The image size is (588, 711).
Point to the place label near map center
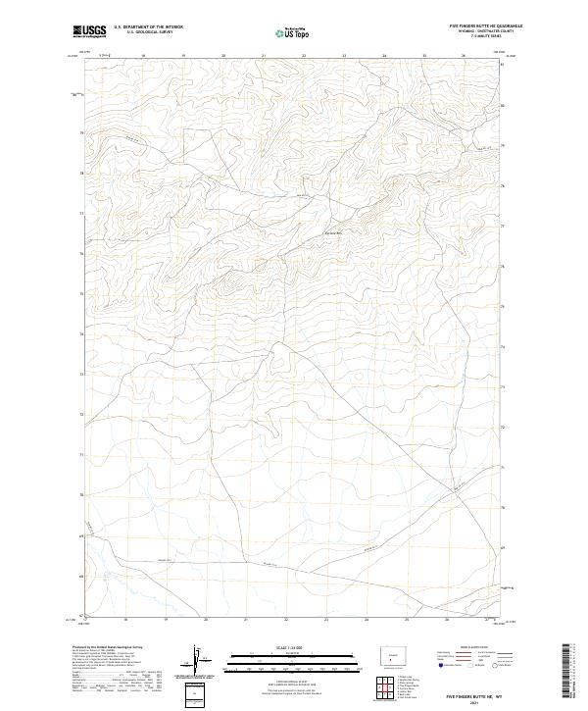pyautogui.click(x=335, y=232)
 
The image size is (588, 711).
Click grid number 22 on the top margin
pyautogui.click(x=304, y=56)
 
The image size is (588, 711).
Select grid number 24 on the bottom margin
pyautogui.click(x=366, y=620)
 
